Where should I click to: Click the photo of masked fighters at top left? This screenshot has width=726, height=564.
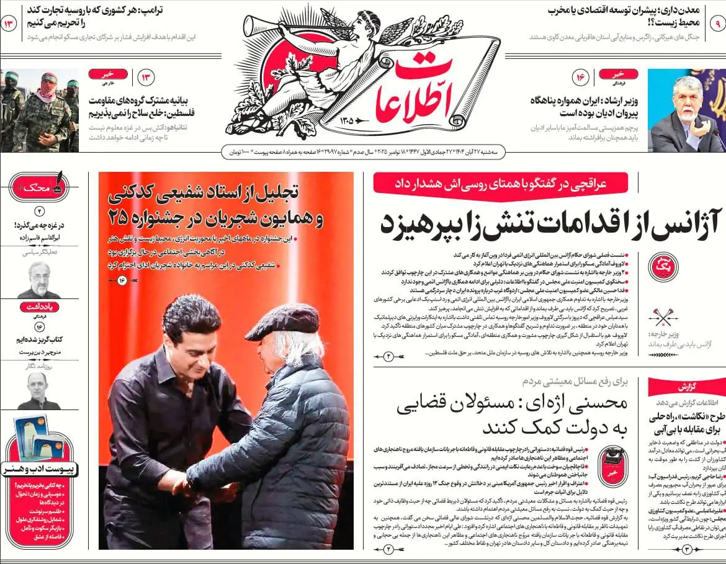38,110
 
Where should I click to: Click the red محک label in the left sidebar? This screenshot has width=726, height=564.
38,186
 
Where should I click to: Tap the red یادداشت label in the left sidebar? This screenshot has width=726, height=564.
39,307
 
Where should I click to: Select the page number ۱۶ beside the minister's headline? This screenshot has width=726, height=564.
581,78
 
